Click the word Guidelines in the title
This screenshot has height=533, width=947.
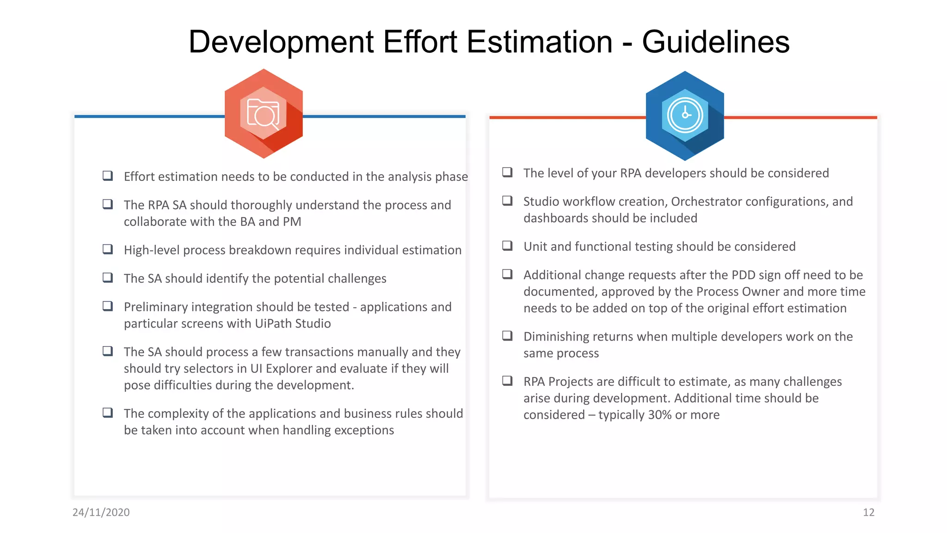point(715,42)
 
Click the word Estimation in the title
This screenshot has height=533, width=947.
point(539,42)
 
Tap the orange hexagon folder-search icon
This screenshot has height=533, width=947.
point(264,114)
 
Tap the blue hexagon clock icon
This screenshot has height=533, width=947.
point(685,116)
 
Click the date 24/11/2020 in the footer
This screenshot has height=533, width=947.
point(101,512)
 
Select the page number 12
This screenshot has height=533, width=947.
point(868,512)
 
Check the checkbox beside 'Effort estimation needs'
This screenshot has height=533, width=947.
point(108,176)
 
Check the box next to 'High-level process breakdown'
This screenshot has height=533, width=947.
point(108,249)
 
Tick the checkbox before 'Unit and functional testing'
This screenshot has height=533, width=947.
point(507,246)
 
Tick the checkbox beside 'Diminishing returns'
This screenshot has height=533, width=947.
point(507,336)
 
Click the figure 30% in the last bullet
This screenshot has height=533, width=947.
point(660,415)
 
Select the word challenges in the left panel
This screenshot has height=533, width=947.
point(357,279)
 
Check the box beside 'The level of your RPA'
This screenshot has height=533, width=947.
point(507,173)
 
